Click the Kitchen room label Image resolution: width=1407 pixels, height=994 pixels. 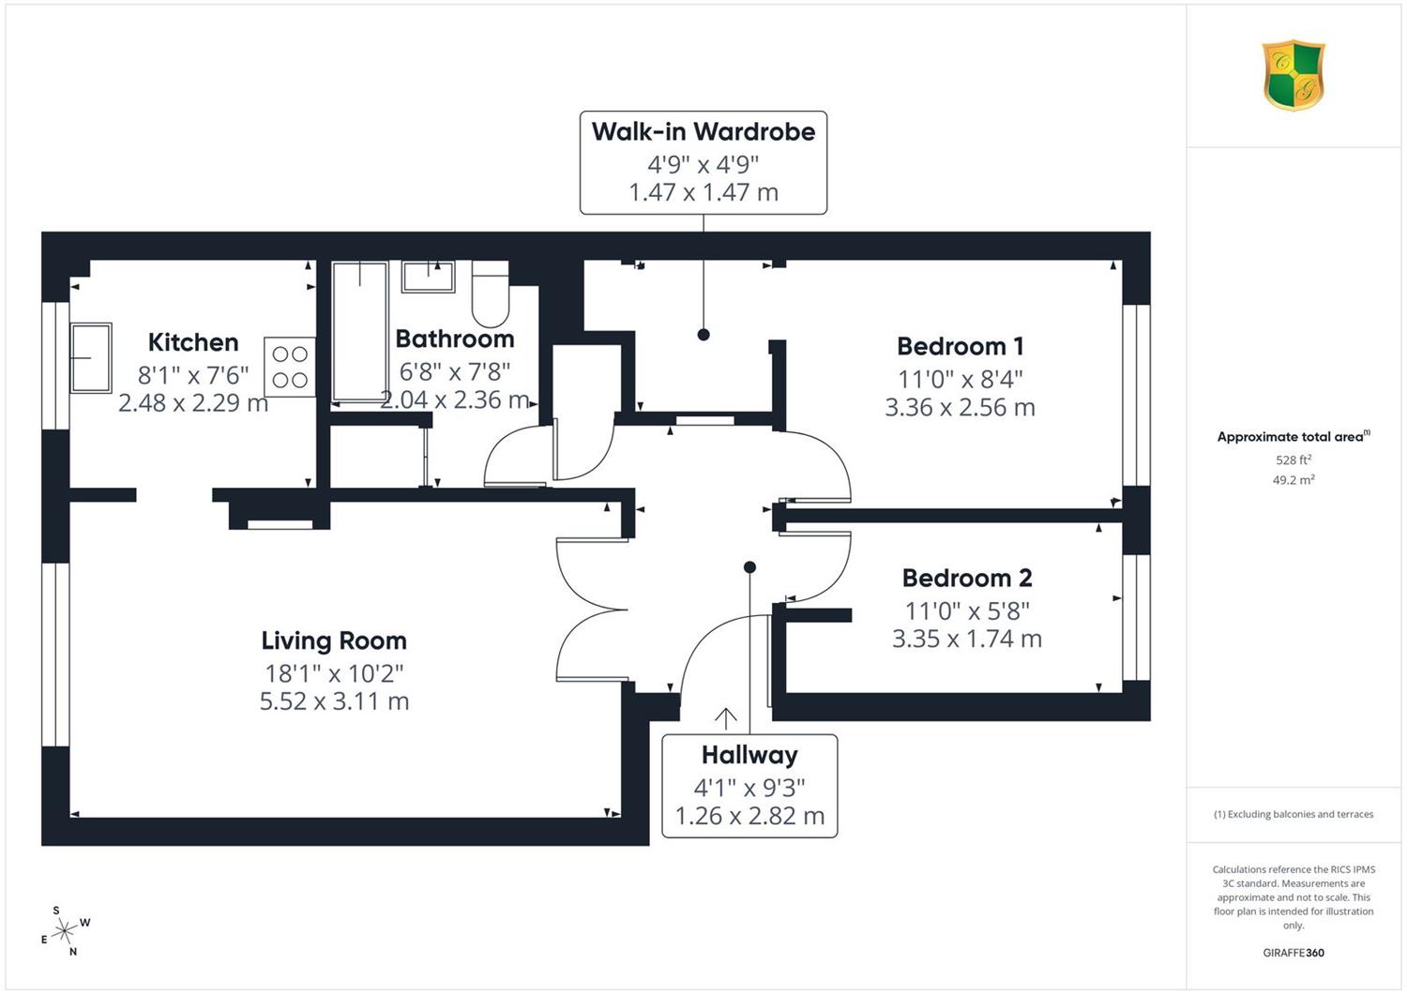[x=193, y=343]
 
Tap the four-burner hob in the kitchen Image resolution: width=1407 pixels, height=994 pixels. [x=290, y=367]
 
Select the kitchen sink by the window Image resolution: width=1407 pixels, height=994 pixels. [x=91, y=358]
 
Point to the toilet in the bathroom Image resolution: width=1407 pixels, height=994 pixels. [x=490, y=294]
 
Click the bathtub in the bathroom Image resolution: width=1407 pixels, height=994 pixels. [x=359, y=332]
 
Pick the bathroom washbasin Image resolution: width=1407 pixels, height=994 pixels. [x=429, y=277]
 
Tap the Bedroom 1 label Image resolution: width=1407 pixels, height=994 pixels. [x=960, y=346]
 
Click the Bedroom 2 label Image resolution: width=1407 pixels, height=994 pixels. [x=967, y=578]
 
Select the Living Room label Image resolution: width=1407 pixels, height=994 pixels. [x=334, y=641]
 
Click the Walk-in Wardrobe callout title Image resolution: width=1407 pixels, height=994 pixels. [x=703, y=132]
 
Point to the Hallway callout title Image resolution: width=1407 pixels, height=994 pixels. [x=749, y=755]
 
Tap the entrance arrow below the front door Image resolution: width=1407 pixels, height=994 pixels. [x=725, y=719]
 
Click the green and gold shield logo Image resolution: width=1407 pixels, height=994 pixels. [x=1294, y=75]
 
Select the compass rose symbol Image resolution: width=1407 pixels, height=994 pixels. [x=64, y=930]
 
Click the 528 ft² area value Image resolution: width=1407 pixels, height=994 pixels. [x=1294, y=459]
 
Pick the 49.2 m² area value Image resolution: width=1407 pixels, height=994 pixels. [x=1294, y=480]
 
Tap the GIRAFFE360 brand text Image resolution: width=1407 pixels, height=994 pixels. [x=1294, y=953]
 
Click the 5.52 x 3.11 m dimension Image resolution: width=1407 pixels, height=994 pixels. [x=334, y=701]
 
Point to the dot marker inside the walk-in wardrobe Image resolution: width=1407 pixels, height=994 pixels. [x=703, y=335]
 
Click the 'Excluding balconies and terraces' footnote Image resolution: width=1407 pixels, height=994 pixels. [x=1294, y=814]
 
